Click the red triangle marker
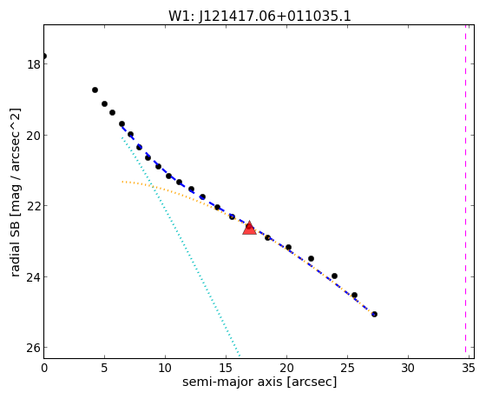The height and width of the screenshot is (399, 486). coord(250,229)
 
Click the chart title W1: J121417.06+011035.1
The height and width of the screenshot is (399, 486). coord(259,16)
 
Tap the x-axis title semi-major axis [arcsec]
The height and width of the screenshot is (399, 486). coord(259,382)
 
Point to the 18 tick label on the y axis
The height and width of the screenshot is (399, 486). coord(33,64)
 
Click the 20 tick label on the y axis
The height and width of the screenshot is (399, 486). coord(33,135)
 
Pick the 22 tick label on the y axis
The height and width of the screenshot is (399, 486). coord(33,206)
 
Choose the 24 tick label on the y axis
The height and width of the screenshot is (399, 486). coord(33,276)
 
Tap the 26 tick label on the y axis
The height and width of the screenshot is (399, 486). coord(33,348)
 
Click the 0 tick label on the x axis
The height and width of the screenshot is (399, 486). coord(44,369)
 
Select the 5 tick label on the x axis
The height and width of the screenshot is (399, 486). coord(104,369)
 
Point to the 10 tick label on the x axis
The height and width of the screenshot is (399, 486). coord(165,369)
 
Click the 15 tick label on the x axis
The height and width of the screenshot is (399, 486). coord(226,369)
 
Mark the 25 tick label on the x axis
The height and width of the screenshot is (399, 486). coord(347,369)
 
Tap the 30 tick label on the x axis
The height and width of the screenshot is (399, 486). coord(408,369)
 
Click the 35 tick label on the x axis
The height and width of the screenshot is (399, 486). coord(469,369)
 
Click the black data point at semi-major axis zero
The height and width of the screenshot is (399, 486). coord(44,57)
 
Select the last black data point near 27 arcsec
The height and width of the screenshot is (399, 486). coord(374,314)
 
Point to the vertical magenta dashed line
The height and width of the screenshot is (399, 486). coord(465,189)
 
